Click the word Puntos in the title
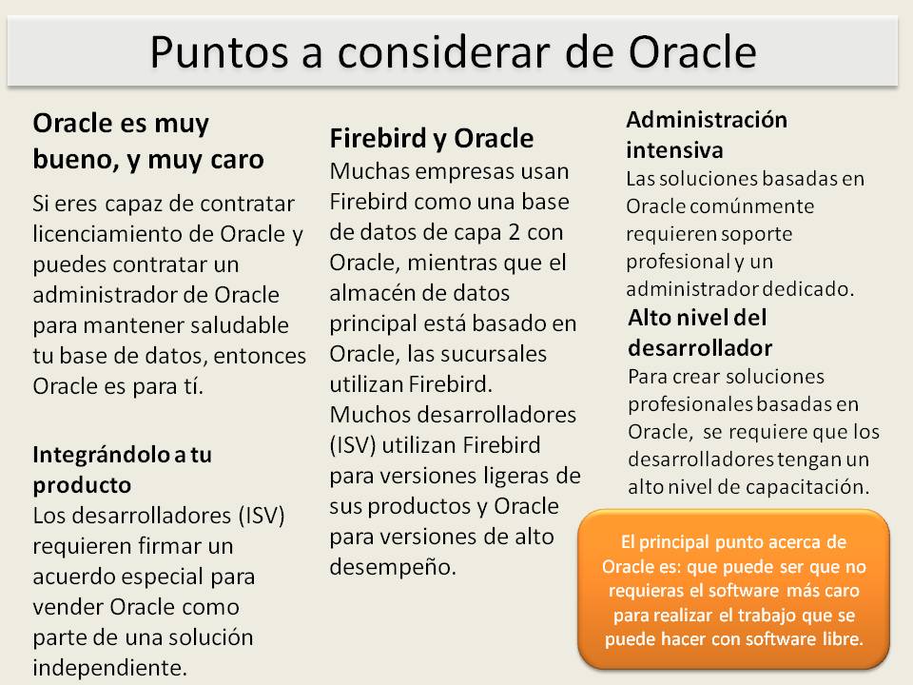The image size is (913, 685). (x=219, y=52)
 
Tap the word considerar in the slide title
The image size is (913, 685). (x=443, y=52)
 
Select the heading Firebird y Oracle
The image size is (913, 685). (x=432, y=139)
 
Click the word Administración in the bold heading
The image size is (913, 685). (x=707, y=120)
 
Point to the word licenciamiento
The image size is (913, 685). (x=110, y=234)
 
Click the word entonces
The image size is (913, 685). (x=260, y=356)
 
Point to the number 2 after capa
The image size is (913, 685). (x=515, y=232)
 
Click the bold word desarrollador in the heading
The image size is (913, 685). (x=700, y=348)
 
